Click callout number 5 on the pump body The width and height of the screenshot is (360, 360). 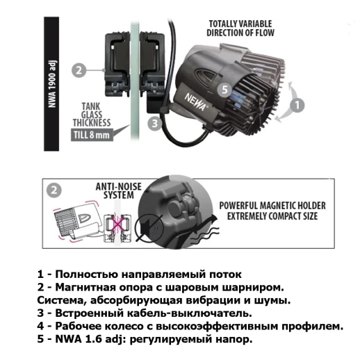click(224, 89)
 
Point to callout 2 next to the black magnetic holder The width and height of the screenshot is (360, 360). click(79, 70)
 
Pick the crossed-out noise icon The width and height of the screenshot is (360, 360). click(149, 226)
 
